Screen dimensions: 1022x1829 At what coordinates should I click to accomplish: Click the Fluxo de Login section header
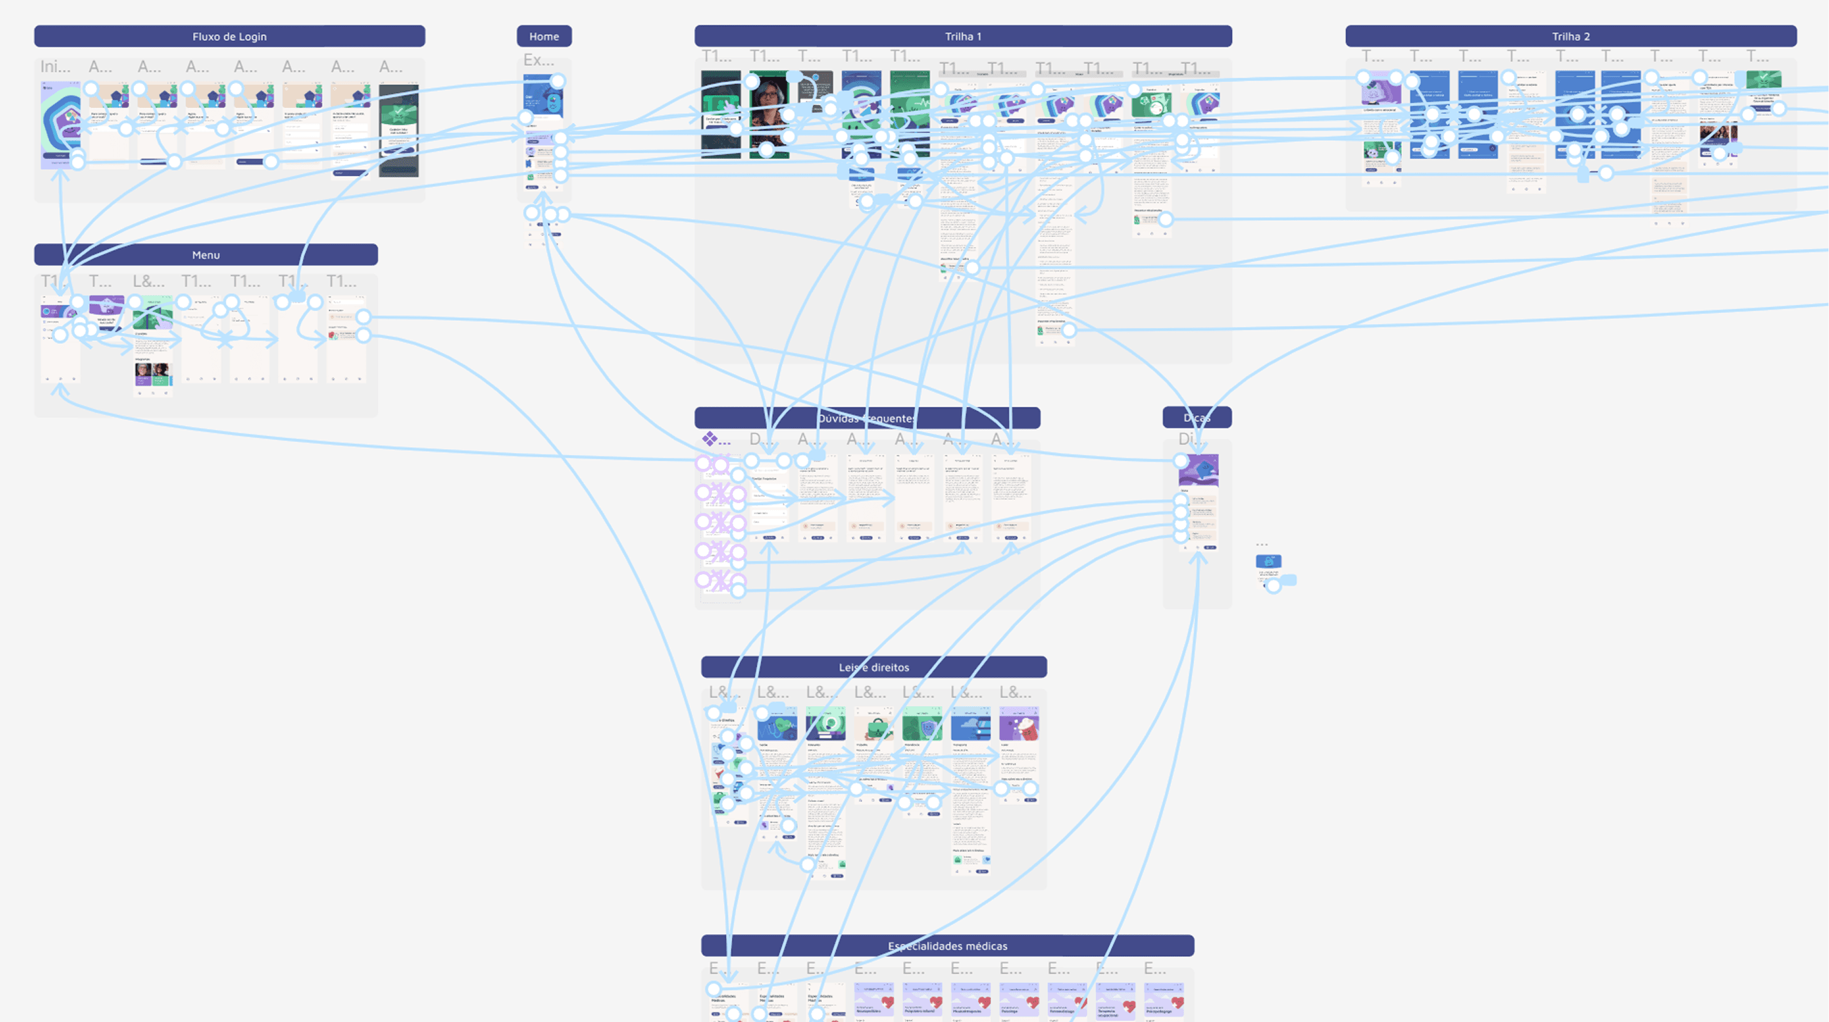(230, 36)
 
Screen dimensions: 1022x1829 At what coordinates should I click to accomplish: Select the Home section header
(544, 36)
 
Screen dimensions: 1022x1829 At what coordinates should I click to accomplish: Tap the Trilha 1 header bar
(963, 36)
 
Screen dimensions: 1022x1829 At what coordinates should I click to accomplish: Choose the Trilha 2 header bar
(1571, 36)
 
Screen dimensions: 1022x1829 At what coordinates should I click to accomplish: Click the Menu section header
(206, 255)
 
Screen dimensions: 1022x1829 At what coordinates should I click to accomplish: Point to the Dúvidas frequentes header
(867, 418)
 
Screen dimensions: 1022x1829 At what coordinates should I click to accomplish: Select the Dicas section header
(1197, 418)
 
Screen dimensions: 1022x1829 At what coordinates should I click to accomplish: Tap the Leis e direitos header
(873, 667)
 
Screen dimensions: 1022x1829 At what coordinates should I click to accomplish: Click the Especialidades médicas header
(947, 946)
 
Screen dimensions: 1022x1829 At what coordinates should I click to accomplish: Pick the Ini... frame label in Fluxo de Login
(55, 67)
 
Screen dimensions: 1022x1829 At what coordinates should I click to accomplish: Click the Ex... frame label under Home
(538, 60)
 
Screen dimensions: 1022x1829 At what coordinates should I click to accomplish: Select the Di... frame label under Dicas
(1190, 439)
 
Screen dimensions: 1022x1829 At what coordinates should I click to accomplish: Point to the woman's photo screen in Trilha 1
(769, 106)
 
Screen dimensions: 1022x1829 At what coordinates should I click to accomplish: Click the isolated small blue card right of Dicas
(1268, 562)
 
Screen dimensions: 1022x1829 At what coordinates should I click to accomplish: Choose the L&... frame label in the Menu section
(148, 282)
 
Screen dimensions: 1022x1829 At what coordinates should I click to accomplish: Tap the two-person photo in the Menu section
(153, 371)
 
